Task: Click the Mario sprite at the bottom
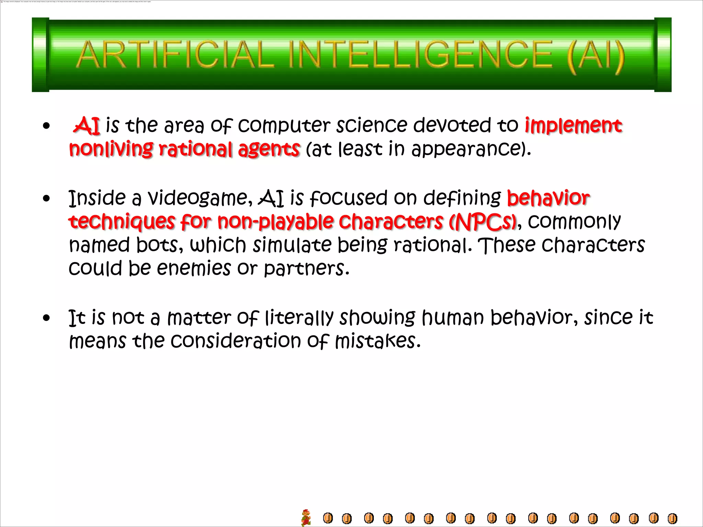[x=306, y=517]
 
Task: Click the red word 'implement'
[x=573, y=125]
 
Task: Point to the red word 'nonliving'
[x=111, y=149]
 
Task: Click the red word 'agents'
[x=269, y=149]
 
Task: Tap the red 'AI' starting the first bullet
[x=87, y=125]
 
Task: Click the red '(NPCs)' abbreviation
[x=483, y=222]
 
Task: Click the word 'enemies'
[x=194, y=268]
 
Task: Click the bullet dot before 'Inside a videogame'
[x=47, y=198]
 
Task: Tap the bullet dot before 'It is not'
[x=47, y=318]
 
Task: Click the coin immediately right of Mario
[x=328, y=518]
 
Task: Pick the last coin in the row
[x=672, y=518]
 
